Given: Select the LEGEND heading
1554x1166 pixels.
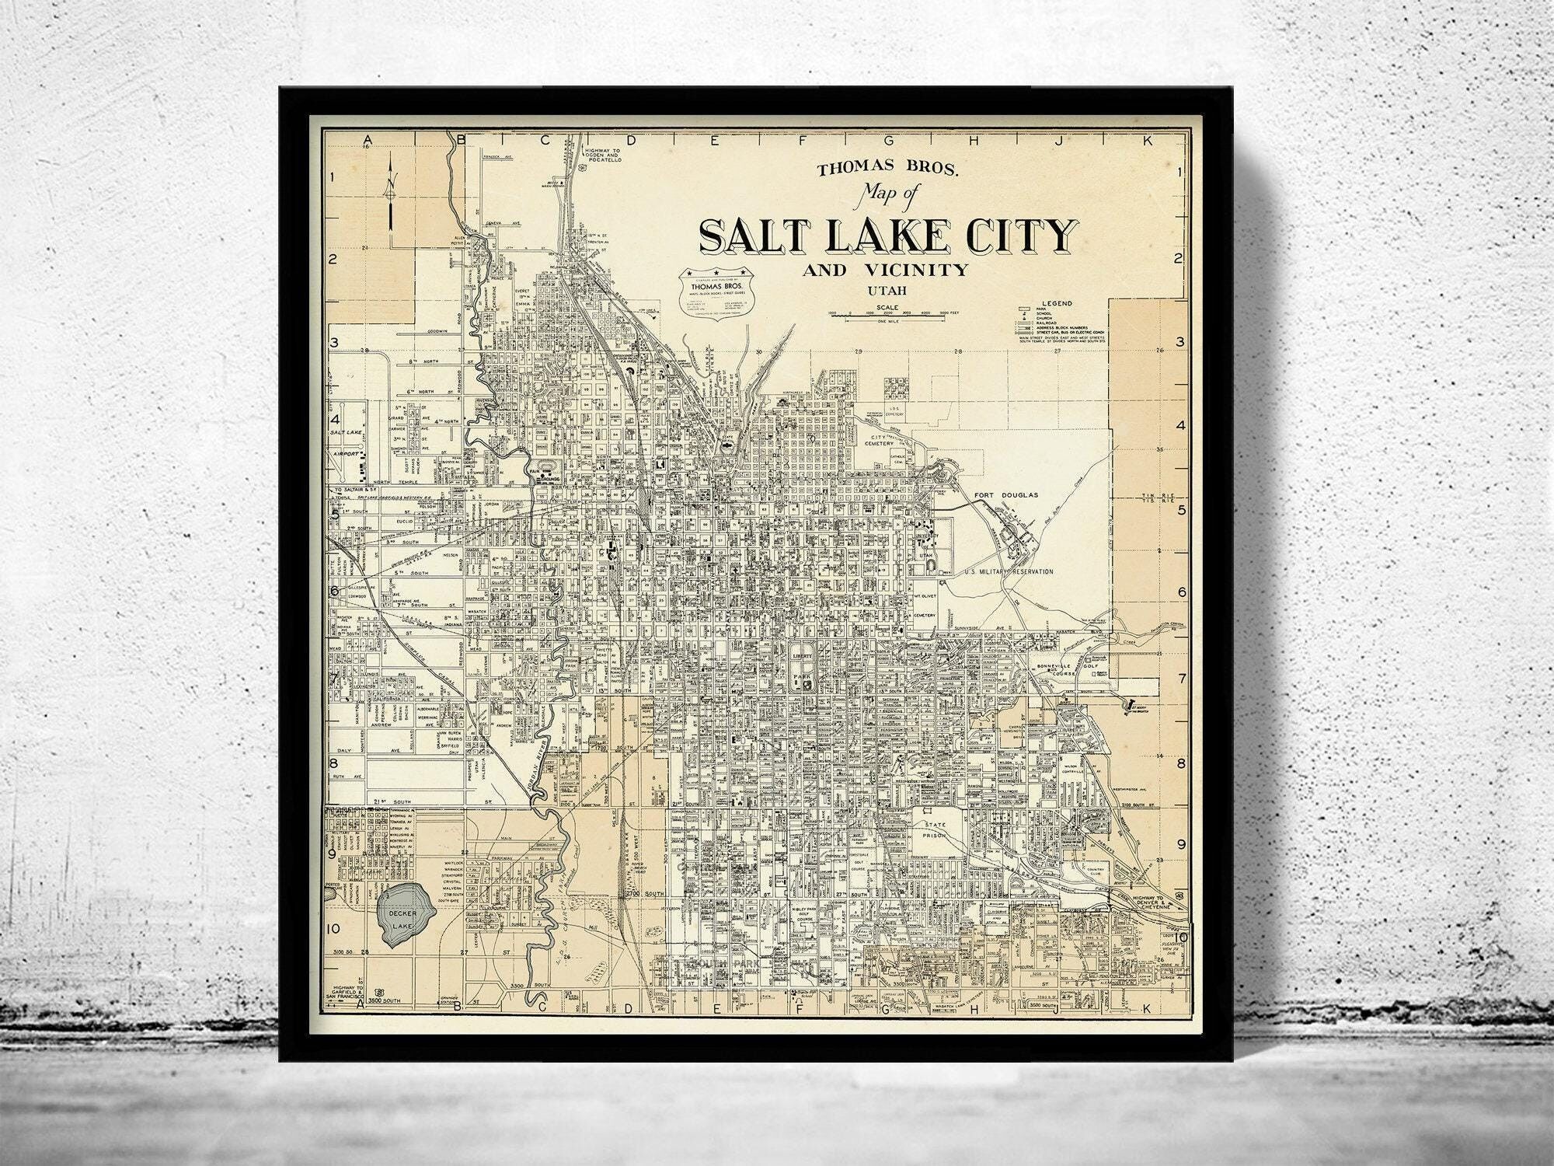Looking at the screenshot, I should (x=1057, y=302).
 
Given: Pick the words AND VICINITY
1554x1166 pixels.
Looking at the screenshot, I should (x=887, y=271).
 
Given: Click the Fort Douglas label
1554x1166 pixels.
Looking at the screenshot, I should (x=1005, y=495).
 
